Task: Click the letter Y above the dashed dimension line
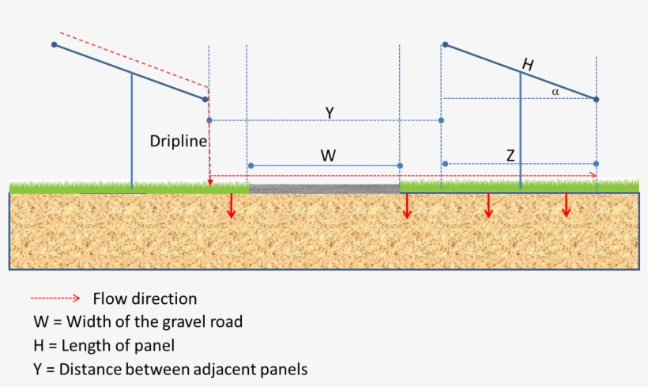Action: (x=329, y=113)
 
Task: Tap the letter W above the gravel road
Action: (x=329, y=156)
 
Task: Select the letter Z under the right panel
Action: (x=510, y=156)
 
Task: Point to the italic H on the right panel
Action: (x=527, y=66)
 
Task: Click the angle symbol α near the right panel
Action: (x=556, y=92)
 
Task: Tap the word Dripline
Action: (x=178, y=142)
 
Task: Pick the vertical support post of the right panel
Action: (x=521, y=131)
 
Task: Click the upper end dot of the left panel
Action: (x=54, y=45)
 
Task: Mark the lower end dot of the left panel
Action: (x=205, y=99)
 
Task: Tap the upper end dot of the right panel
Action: (x=445, y=44)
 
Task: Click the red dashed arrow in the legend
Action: (x=55, y=298)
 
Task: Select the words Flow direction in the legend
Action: (x=145, y=299)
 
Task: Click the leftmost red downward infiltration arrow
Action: (x=232, y=205)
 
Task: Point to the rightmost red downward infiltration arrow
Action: (x=567, y=205)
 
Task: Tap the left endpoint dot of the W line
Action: (x=251, y=165)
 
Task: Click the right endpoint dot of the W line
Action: (x=400, y=165)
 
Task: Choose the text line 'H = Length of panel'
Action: (x=104, y=345)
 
